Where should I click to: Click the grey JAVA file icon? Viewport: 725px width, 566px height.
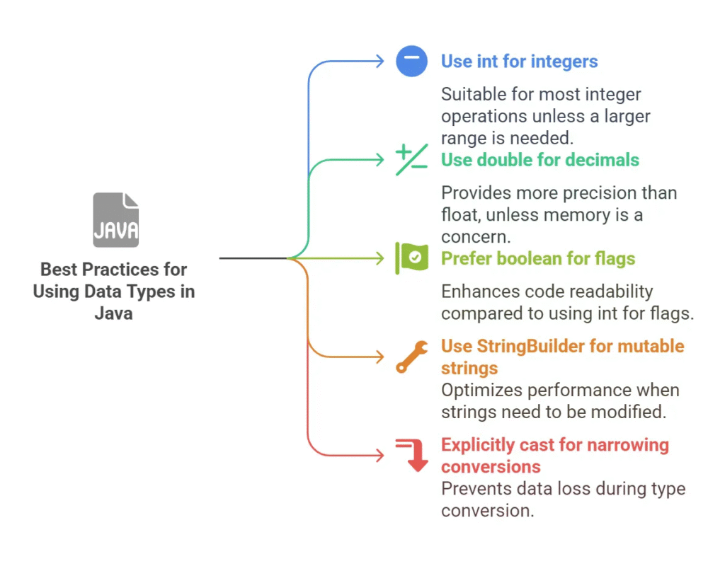pos(115,220)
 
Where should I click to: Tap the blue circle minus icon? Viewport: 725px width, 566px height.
pos(411,61)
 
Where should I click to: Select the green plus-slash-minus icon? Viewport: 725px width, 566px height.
pos(411,159)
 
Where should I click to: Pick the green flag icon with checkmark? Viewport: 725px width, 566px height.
pos(411,258)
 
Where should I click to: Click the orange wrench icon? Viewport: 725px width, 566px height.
pos(411,357)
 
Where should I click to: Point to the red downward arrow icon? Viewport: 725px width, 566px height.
pos(411,455)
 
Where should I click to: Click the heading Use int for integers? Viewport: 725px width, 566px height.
pos(519,62)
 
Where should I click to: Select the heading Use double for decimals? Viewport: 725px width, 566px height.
pos(540,160)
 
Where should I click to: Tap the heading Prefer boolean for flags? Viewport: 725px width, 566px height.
pos(538,259)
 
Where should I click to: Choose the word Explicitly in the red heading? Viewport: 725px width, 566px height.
pos(478,446)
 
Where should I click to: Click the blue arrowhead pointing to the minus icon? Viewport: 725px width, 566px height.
pos(380,61)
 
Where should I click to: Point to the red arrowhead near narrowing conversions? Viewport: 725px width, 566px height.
pos(380,455)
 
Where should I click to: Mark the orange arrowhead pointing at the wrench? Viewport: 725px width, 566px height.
pos(380,357)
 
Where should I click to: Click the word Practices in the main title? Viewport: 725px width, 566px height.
pos(122,270)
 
